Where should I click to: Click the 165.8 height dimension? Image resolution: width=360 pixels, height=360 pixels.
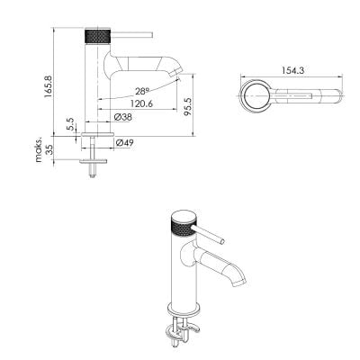[48, 86]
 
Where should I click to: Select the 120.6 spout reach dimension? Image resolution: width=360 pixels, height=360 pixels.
[141, 103]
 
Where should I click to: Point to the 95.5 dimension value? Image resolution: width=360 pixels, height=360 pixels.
[188, 107]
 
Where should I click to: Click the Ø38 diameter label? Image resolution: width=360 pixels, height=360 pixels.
[123, 117]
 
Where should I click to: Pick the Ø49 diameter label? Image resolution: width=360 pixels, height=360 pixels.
[124, 143]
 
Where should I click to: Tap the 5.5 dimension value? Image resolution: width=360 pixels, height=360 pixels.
[69, 123]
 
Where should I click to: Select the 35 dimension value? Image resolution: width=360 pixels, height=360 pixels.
[49, 149]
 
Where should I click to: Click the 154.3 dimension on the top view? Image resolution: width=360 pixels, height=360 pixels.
[292, 70]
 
